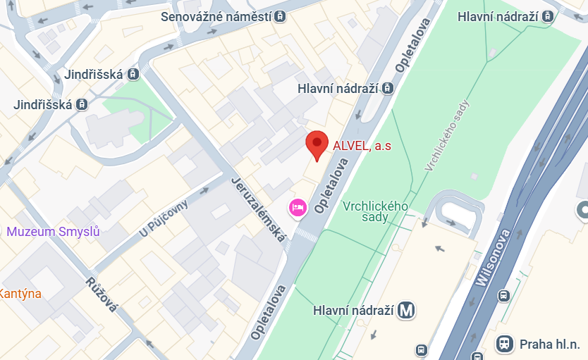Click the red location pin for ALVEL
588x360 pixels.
pos(317,144)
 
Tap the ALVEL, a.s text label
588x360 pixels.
pos(362,147)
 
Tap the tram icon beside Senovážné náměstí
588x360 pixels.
pos(281,16)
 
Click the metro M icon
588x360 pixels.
pos(405,310)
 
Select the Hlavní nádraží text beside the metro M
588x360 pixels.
pos(352,310)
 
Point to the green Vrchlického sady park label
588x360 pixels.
pos(375,211)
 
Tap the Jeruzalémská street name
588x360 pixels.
pos(258,210)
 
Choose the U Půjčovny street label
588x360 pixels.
pos(164,218)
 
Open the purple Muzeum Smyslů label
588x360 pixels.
pos(53,231)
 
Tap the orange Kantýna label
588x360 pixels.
pos(20,293)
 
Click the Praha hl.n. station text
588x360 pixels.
pos(549,344)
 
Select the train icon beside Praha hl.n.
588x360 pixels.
pos(504,344)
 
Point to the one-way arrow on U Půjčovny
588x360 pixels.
pos(204,190)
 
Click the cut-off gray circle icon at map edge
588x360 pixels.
pos(583,209)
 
